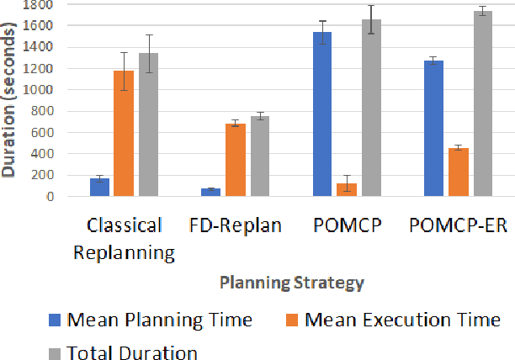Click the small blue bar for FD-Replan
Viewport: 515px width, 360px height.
[210, 193]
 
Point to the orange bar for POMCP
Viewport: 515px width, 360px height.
[346, 190]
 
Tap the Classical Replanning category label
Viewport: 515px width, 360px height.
[125, 239]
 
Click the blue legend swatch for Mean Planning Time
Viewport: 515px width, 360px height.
[54, 320]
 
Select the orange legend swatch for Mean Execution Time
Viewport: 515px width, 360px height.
[292, 320]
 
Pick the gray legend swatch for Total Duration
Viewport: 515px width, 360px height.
[54, 353]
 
